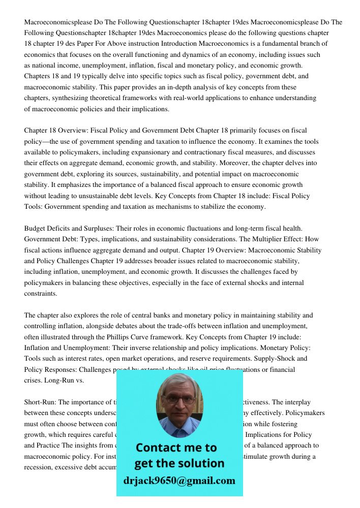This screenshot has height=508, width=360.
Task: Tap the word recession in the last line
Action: tap(40, 467)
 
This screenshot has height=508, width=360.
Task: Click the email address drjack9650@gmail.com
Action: tap(179, 480)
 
